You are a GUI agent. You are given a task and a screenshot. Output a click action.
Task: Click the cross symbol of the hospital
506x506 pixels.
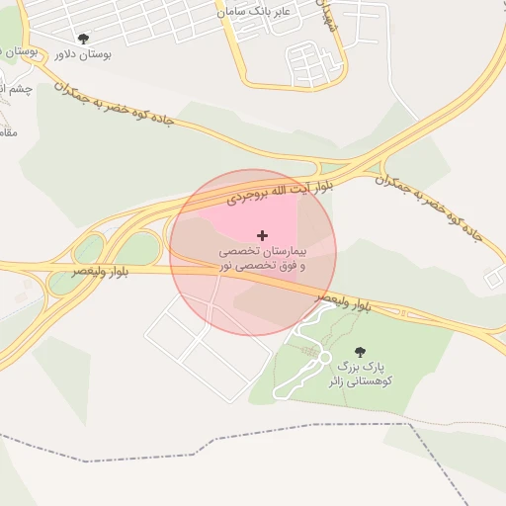262,235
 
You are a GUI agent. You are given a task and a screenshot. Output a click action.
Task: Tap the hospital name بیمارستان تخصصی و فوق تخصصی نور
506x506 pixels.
262,259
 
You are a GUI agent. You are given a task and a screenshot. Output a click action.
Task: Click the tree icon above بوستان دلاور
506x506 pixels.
82,39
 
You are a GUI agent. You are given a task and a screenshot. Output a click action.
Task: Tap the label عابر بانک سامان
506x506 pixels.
256,11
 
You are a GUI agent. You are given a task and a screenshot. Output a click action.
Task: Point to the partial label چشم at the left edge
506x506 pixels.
14,90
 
